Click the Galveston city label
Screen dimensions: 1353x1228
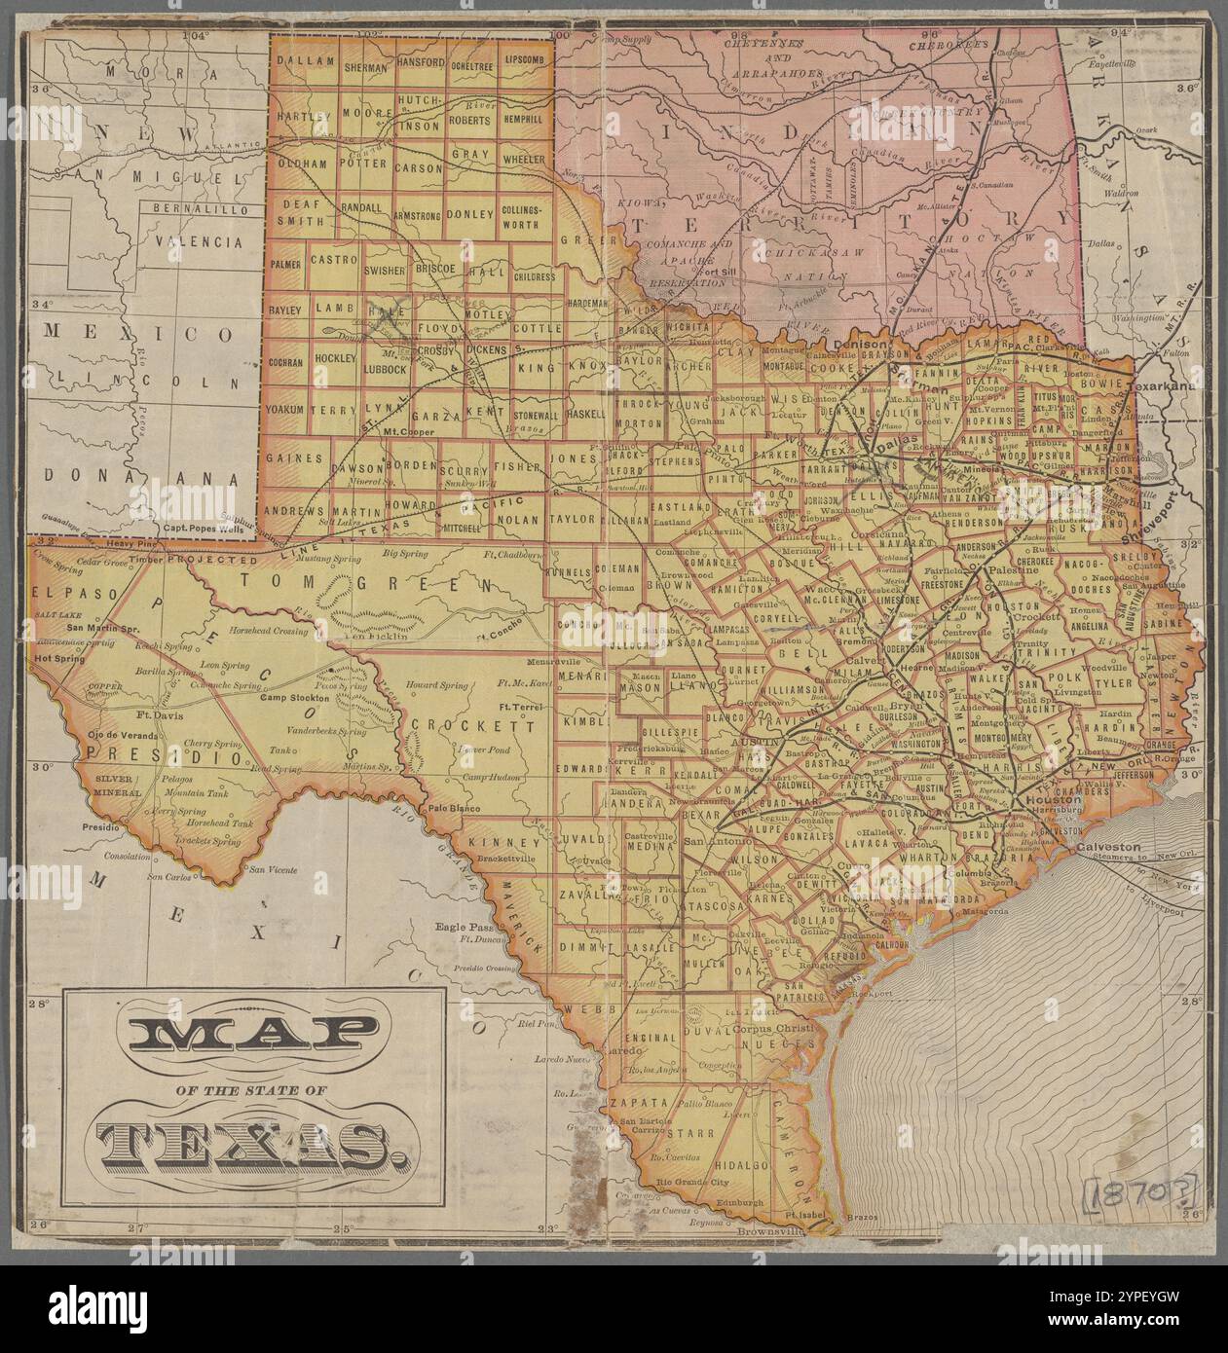point(1107,847)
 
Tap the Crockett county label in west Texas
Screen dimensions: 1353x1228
point(472,725)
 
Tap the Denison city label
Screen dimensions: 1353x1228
point(861,346)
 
